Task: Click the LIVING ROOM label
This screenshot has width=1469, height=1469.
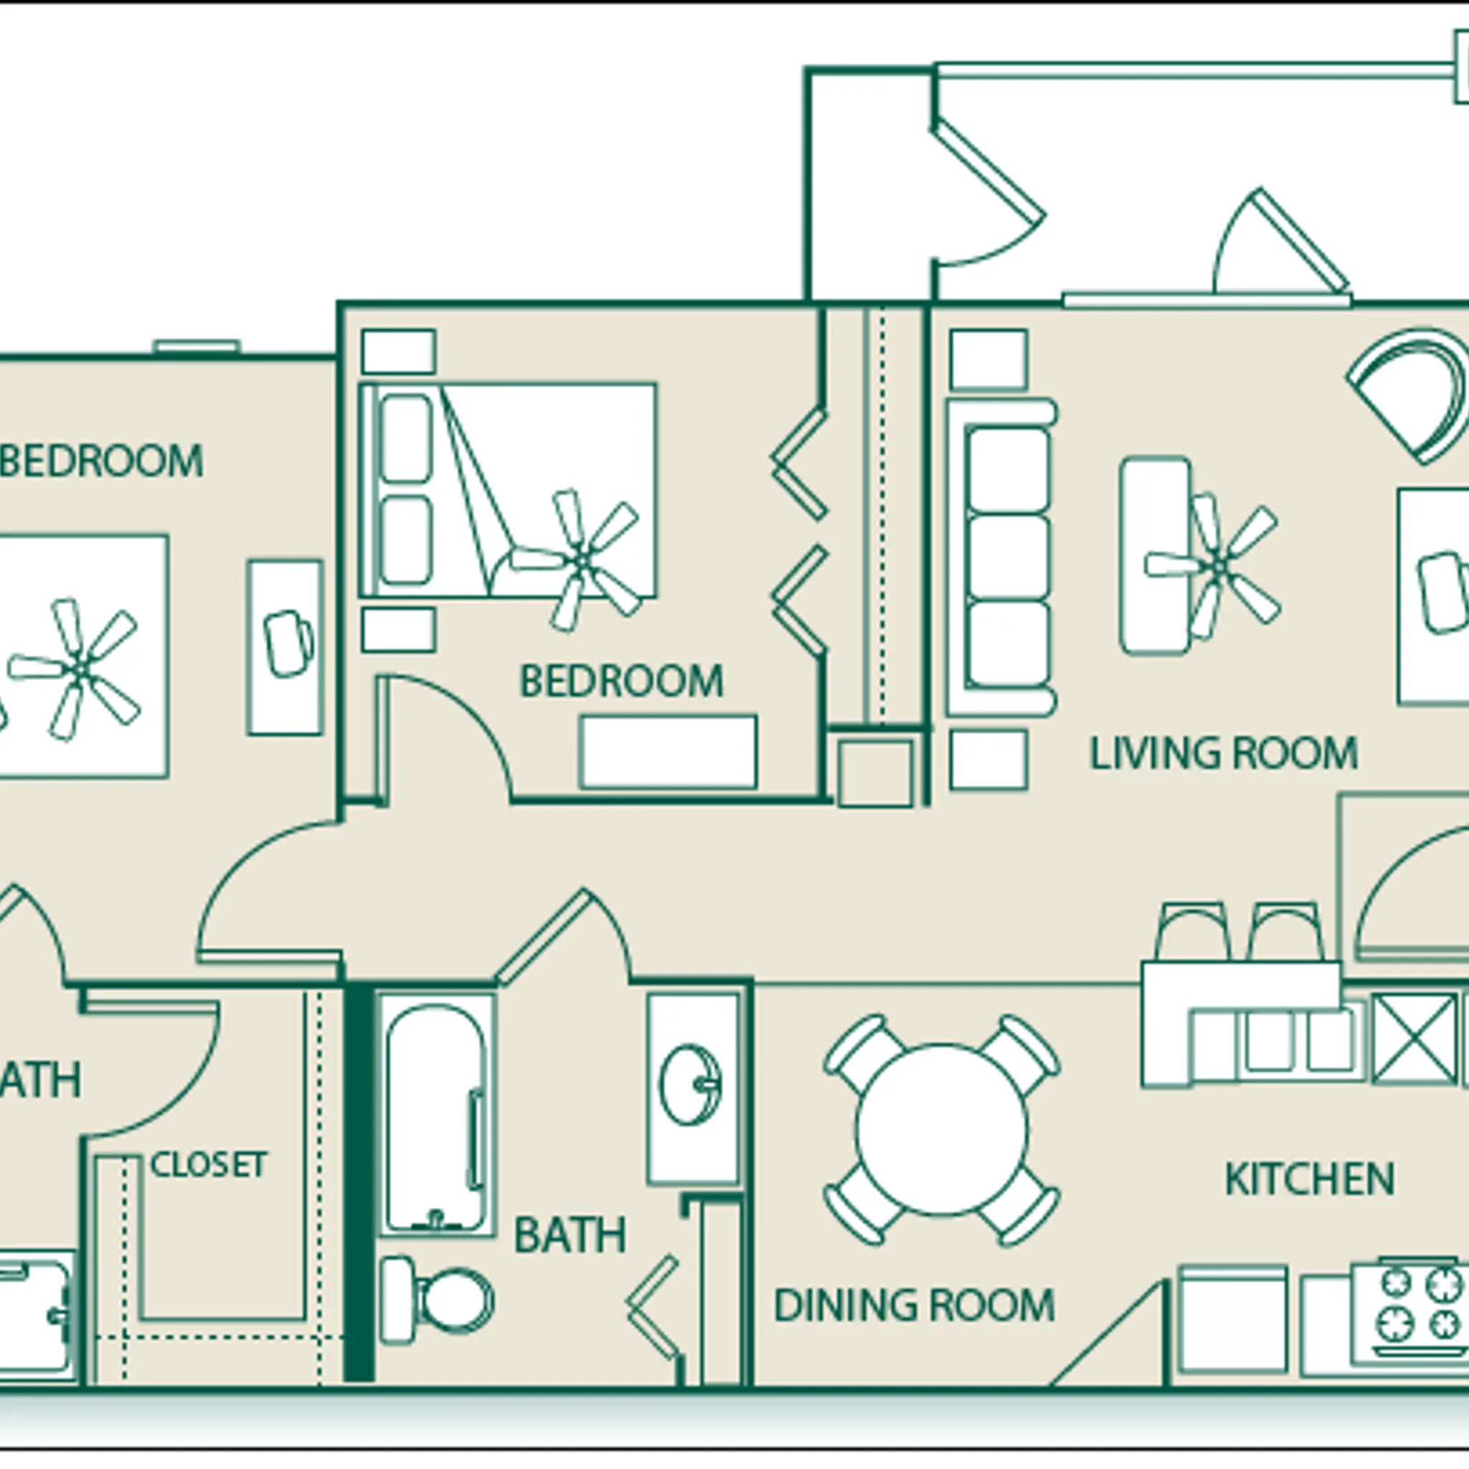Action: [1224, 754]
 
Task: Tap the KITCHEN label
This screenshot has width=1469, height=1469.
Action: [1309, 1179]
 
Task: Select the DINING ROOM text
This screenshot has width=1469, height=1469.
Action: [914, 1305]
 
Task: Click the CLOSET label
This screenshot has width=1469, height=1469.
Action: [208, 1164]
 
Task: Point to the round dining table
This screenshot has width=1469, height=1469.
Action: [941, 1129]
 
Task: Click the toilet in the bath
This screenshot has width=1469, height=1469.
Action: [445, 1303]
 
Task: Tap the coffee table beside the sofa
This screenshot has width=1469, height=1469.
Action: [1154, 555]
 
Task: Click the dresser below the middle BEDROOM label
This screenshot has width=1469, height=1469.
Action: [668, 752]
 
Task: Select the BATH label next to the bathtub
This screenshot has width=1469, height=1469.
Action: [570, 1235]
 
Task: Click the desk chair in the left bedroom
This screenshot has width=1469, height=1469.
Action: [288, 643]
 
